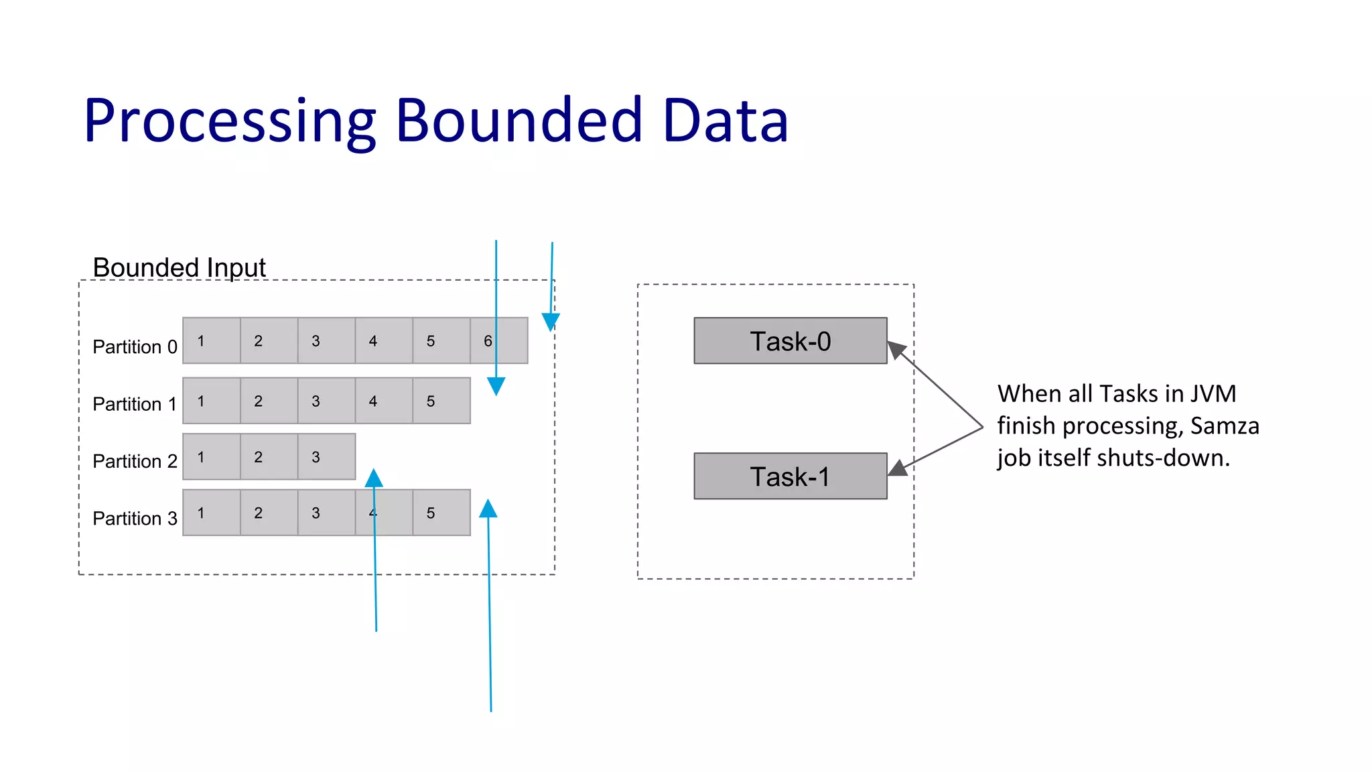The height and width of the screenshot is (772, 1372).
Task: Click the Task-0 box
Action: (x=790, y=341)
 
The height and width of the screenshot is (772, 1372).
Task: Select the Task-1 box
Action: (x=790, y=476)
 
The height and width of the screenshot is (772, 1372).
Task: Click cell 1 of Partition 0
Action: (x=211, y=341)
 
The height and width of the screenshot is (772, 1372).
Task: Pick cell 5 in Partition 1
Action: (x=441, y=401)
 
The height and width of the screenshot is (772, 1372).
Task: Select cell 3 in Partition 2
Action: (x=326, y=457)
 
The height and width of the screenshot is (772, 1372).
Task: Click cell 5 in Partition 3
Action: (x=441, y=513)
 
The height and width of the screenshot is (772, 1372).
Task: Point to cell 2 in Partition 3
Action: (x=269, y=513)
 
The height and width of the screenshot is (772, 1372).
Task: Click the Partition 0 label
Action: (x=135, y=347)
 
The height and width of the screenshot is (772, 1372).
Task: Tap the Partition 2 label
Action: (x=135, y=462)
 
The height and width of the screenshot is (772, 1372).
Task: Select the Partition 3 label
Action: (x=135, y=519)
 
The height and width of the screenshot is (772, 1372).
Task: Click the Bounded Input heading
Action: (x=179, y=267)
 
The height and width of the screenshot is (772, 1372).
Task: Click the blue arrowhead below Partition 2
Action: (x=374, y=478)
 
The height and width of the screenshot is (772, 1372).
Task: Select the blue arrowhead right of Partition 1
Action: (x=496, y=386)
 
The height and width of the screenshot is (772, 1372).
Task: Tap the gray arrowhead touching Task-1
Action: (x=898, y=468)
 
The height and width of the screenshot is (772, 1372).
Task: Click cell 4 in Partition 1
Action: (x=383, y=401)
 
